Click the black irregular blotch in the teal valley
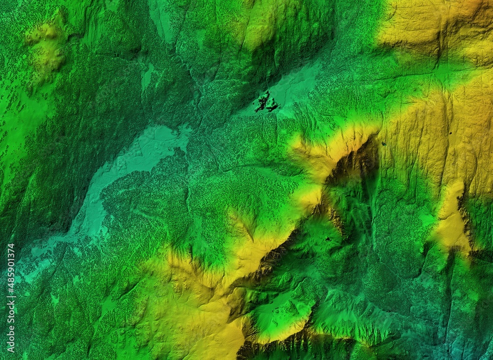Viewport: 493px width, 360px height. pyautogui.click(x=265, y=102)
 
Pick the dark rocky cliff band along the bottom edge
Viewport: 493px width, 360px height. pyautogui.click(x=276, y=348)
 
